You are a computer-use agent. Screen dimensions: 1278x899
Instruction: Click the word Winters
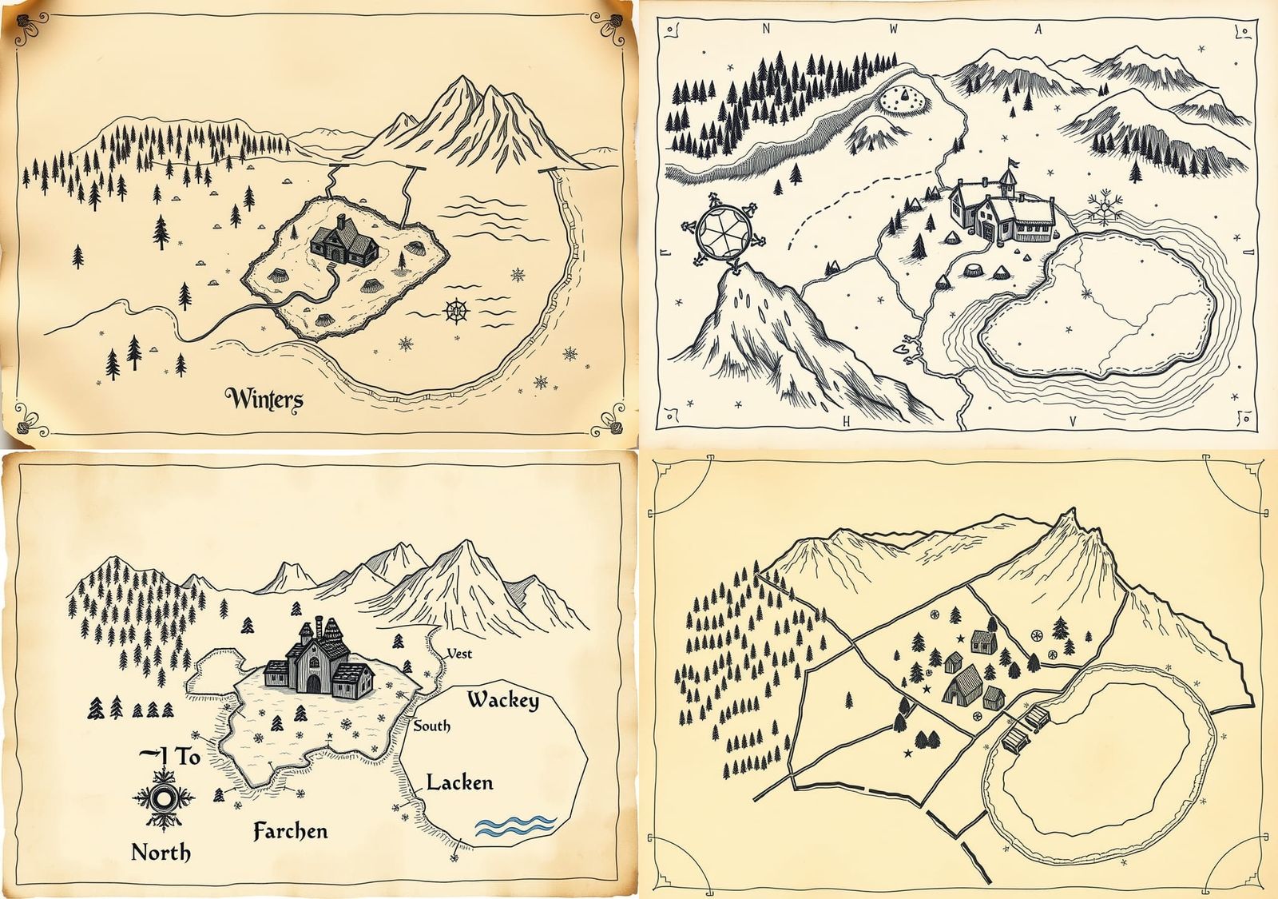(x=264, y=398)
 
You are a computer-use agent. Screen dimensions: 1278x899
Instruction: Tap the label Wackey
(x=502, y=701)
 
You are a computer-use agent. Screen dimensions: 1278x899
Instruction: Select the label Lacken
(x=459, y=782)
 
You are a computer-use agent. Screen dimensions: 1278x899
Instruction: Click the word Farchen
(x=290, y=831)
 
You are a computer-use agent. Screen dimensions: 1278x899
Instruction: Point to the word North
(x=161, y=853)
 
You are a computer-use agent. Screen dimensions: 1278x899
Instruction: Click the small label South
(x=431, y=726)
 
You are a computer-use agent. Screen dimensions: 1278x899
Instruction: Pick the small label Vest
(x=458, y=654)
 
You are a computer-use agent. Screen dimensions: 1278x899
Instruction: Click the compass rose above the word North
(x=163, y=798)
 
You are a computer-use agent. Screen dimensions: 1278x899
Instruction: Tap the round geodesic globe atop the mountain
(x=724, y=233)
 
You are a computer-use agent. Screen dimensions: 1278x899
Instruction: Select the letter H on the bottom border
(x=849, y=418)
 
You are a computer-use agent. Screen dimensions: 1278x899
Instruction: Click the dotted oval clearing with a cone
(x=905, y=98)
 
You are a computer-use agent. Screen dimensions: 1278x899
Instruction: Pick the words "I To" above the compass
(x=169, y=756)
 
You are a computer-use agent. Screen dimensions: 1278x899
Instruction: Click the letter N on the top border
(x=766, y=30)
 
